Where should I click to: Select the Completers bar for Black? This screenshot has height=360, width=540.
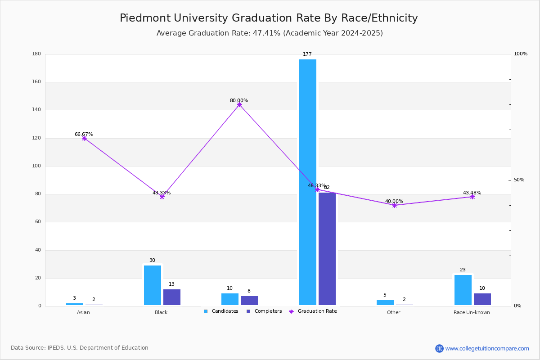pyautogui.click(x=171, y=297)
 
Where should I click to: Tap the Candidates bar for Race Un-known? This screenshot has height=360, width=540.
pyautogui.click(x=463, y=290)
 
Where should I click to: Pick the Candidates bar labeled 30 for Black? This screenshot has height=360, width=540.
pyautogui.click(x=152, y=285)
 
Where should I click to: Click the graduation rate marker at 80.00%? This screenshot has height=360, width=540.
pyautogui.click(x=239, y=104)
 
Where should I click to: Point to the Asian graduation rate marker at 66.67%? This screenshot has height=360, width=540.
pyautogui.click(x=84, y=138)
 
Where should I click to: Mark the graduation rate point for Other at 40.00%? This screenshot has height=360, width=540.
pyautogui.click(x=395, y=205)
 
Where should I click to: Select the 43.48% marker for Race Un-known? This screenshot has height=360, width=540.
pyautogui.click(x=472, y=197)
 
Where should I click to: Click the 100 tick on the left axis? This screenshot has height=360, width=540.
pyautogui.click(x=36, y=166)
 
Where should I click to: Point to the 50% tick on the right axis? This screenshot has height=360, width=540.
pyautogui.click(x=519, y=180)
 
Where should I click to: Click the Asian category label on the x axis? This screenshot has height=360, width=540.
pyautogui.click(x=83, y=312)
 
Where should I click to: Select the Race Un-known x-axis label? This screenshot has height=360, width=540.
pyautogui.click(x=472, y=312)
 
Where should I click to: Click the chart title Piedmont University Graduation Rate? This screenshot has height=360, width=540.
pyautogui.click(x=269, y=18)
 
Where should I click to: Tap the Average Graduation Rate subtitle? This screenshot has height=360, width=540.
pyautogui.click(x=270, y=33)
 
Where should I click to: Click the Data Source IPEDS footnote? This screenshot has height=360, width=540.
pyautogui.click(x=80, y=348)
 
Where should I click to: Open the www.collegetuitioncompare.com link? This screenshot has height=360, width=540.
pyautogui.click(x=487, y=348)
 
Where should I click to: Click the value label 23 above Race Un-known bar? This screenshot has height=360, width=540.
pyautogui.click(x=463, y=270)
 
